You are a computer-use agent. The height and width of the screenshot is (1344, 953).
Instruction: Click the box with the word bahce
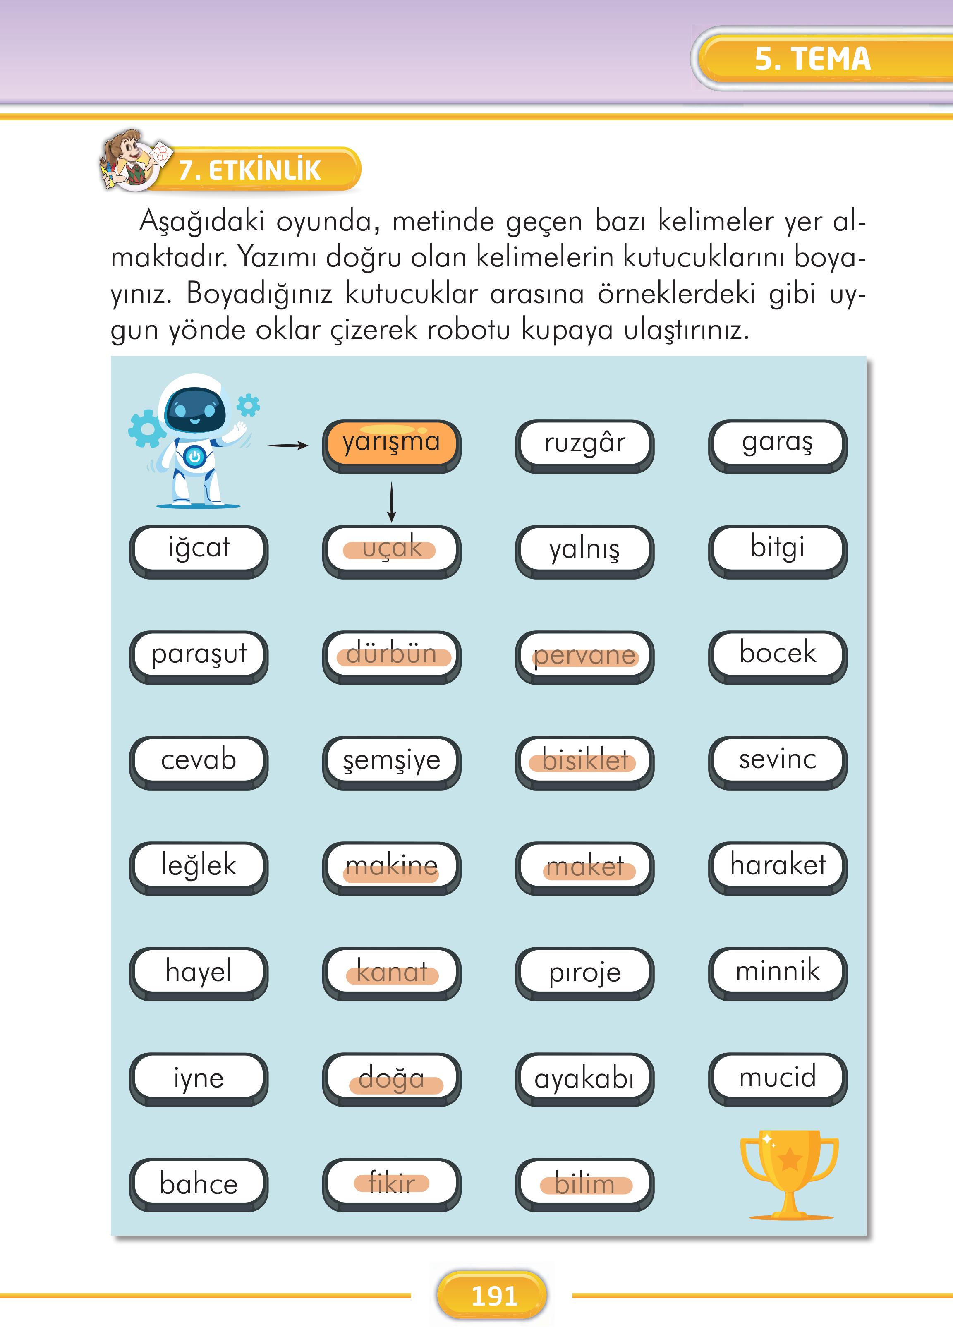[x=199, y=1183]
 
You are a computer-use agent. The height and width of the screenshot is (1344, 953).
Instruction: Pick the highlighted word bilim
[x=584, y=1183]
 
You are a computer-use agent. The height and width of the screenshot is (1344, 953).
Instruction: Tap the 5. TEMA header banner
[x=813, y=59]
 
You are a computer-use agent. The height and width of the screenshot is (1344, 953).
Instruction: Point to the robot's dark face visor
[x=195, y=410]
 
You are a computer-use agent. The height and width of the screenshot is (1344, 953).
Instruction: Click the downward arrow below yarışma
[x=391, y=502]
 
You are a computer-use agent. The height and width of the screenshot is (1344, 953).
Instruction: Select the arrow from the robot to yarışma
[x=287, y=446]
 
